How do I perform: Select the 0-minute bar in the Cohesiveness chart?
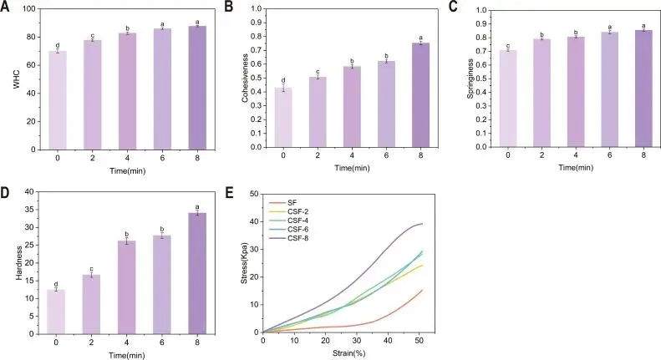[284, 117]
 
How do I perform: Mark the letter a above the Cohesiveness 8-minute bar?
[420, 38]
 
